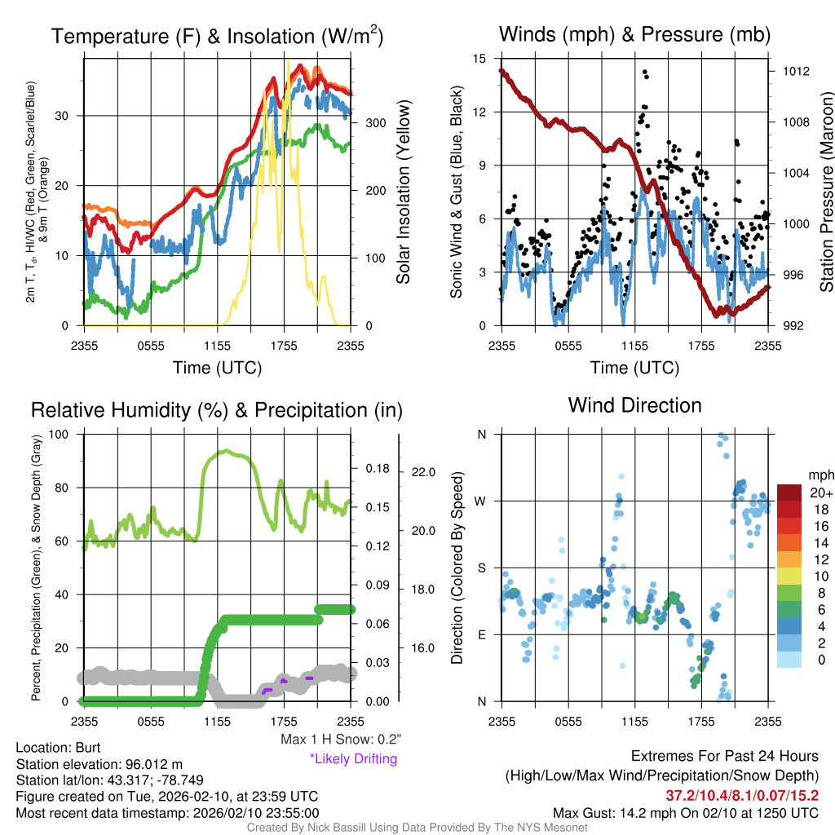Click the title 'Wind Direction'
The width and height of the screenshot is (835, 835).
pyautogui.click(x=634, y=405)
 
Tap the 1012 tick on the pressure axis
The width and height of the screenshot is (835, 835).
pyautogui.click(x=790, y=71)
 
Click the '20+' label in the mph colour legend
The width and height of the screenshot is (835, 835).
pyautogui.click(x=820, y=493)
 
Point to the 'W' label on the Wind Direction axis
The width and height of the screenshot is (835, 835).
pyautogui.click(x=481, y=501)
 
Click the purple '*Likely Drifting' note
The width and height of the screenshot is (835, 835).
pyautogui.click(x=353, y=758)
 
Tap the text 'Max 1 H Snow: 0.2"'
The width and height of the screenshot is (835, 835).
pyautogui.click(x=340, y=740)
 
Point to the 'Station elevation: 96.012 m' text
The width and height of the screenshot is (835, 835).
pyautogui.click(x=94, y=763)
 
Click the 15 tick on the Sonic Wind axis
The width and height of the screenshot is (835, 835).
pyautogui.click(x=479, y=59)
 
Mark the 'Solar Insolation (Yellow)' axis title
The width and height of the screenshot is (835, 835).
pyautogui.click(x=403, y=192)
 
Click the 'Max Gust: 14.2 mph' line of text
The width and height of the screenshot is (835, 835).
pyautogui.click(x=685, y=812)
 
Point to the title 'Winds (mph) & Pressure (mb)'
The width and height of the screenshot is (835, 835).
pyautogui.click(x=634, y=34)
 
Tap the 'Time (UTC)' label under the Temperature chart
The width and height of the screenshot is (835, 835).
pyautogui.click(x=217, y=368)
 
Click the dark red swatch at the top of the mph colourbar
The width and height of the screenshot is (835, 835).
pyautogui.click(x=789, y=493)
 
